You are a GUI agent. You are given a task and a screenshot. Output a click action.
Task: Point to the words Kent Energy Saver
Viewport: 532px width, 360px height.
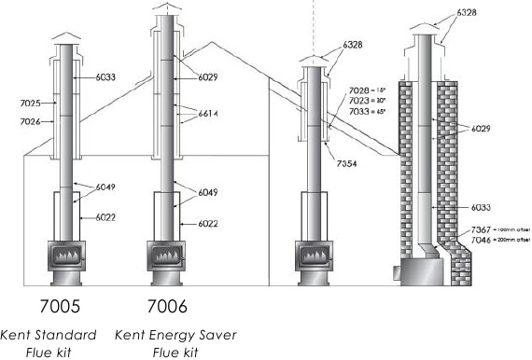click(x=175, y=335)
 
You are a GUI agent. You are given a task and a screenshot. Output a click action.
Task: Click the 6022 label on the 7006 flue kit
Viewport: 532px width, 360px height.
click(x=208, y=224)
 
